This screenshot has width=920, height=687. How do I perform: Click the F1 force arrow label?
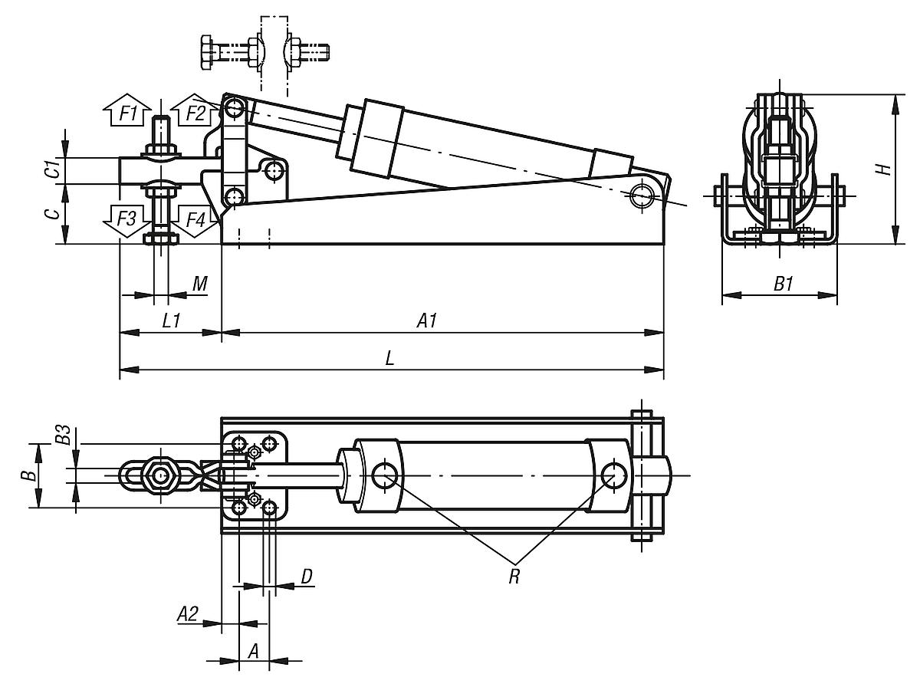point(128,115)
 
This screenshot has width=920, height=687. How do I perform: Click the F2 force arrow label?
point(195,115)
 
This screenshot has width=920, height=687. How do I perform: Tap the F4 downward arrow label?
point(195,220)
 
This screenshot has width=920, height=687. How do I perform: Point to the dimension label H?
point(885,169)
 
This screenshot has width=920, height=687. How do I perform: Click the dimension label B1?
point(783,284)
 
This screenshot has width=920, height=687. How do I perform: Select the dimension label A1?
point(426,321)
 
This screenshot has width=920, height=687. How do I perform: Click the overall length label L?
point(389,360)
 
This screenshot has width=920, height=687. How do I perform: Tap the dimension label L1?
point(171,321)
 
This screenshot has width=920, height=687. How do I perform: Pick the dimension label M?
point(199,284)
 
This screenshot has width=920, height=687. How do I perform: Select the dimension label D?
point(306,577)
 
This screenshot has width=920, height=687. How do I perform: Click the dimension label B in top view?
point(28,475)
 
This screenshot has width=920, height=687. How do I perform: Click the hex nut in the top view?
point(161,477)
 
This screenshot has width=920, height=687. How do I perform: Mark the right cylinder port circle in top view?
point(613,475)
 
